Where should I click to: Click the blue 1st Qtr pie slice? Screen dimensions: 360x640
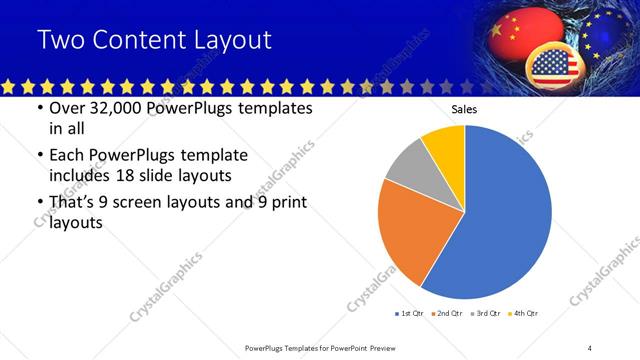[505, 215]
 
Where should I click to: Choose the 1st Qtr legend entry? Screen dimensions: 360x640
[409, 314]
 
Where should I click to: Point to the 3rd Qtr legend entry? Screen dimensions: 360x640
[486, 314]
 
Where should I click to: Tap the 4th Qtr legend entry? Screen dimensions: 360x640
[524, 314]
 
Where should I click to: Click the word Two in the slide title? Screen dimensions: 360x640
[61, 40]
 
